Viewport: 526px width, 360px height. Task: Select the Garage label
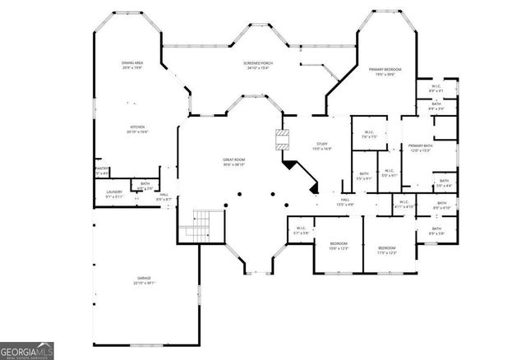(145, 280)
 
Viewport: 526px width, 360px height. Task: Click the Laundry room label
(114, 195)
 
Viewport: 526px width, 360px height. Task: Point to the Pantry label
(102, 171)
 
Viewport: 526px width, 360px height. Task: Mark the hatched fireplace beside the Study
(283, 138)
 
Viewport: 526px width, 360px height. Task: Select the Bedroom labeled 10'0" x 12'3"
(339, 246)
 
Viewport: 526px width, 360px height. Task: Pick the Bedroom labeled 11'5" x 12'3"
(386, 249)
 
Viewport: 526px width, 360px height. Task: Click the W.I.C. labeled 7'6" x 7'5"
(369, 135)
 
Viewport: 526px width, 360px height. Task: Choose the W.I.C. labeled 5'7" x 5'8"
(301, 230)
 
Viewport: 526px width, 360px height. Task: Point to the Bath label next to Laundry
(145, 186)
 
